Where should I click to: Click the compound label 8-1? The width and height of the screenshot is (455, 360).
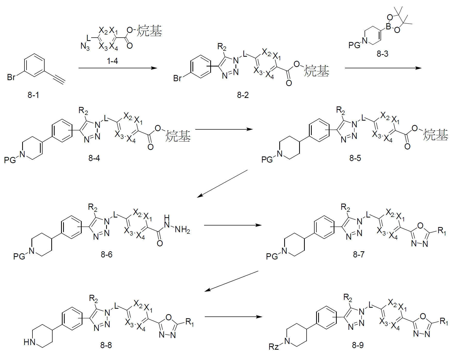33,95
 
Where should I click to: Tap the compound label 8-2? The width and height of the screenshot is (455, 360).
243,95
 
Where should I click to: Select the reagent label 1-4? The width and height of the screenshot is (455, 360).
113,61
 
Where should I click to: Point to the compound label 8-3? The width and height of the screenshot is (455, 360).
382,54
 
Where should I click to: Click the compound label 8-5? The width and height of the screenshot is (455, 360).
355,158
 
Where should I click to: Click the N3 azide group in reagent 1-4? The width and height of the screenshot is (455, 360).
85,47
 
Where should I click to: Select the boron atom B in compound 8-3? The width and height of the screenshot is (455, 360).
389,26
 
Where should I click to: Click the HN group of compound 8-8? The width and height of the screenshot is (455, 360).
29,342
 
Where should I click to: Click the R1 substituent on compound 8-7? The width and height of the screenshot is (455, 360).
442,232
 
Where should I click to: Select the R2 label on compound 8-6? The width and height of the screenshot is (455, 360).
92,207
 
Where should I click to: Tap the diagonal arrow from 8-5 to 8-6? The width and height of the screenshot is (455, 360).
222,184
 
